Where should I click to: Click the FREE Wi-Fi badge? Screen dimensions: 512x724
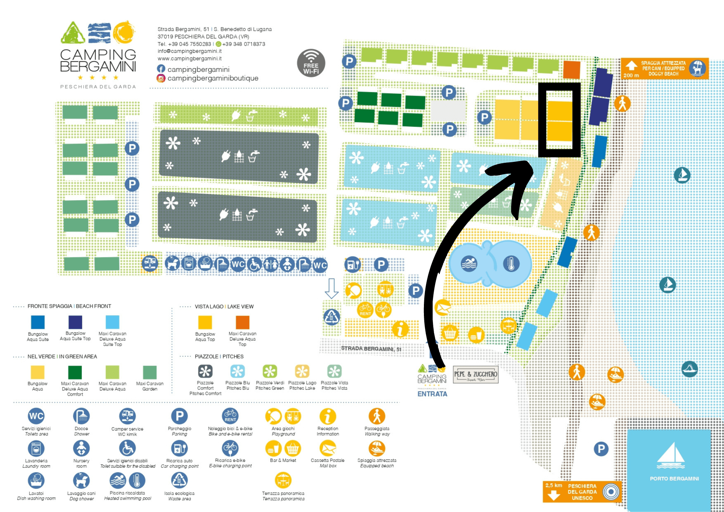point(311,63)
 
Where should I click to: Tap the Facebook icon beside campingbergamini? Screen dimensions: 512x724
point(161,69)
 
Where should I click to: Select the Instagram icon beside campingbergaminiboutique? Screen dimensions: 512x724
point(161,78)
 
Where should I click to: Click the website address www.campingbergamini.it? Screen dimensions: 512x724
point(189,58)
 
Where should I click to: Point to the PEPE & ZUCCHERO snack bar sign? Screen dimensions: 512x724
point(476,375)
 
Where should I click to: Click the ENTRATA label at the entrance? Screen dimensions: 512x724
point(432,394)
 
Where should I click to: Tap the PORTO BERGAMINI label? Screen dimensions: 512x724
point(674,479)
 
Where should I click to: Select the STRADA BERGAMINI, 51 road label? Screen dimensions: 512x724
point(371,348)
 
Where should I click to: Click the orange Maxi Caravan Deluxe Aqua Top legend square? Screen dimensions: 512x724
point(243,322)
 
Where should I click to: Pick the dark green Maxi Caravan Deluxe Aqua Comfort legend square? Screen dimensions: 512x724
point(75,372)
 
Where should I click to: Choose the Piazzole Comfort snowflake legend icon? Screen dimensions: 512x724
point(205,372)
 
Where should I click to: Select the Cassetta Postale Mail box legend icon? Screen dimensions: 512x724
point(328,449)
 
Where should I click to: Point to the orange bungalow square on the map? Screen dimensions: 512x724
point(572,70)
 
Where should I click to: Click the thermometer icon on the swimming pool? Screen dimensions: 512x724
point(511,264)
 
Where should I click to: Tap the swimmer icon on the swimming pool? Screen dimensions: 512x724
point(469,264)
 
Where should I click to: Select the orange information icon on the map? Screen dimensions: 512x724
point(400,329)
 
